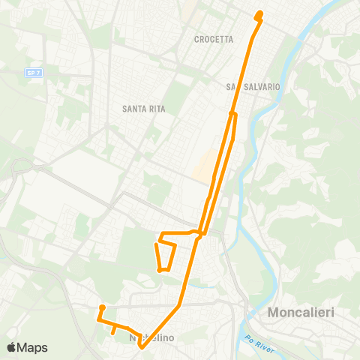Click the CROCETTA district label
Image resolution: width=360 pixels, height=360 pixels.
[x=214, y=40]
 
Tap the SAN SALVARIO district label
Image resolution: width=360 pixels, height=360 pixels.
[x=253, y=87]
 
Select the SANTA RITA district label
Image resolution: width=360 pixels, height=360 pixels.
[x=143, y=109]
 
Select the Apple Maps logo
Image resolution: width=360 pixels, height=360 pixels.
[x=27, y=347]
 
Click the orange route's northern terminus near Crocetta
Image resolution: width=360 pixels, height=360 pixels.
[x=259, y=13]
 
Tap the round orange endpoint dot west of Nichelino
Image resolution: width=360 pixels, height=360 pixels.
[x=101, y=307]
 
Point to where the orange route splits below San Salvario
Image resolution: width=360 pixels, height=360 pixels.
[x=233, y=114]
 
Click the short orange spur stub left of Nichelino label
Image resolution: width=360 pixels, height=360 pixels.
[x=112, y=328]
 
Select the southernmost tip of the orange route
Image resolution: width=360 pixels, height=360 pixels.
[x=141, y=347]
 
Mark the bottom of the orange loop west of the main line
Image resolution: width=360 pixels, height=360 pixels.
[x=161, y=270]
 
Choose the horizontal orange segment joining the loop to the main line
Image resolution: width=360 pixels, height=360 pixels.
[x=180, y=235]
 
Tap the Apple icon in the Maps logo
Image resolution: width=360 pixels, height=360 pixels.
[x=11, y=347]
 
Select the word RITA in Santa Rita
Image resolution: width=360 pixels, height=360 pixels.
[x=155, y=109]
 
